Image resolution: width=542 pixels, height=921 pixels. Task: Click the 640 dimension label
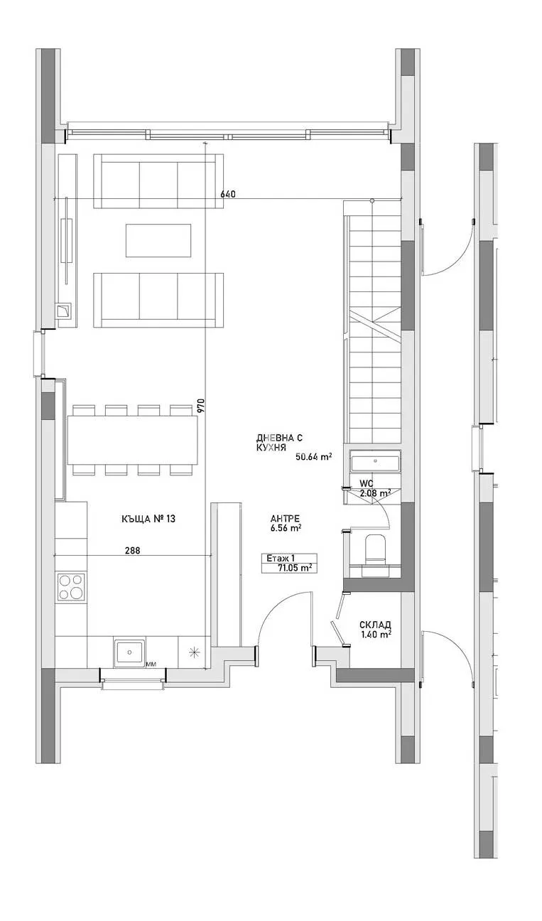(x=227, y=194)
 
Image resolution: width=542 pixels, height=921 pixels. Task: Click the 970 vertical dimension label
(x=201, y=405)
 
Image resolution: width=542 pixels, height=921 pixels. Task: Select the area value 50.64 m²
(x=313, y=457)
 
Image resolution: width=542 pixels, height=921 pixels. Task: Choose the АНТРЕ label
(x=285, y=517)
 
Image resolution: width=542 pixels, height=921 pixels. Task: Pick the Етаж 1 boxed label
(x=280, y=559)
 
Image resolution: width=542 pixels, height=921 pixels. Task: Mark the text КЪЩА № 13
(x=148, y=519)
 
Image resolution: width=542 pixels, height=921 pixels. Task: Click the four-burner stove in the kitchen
(x=71, y=588)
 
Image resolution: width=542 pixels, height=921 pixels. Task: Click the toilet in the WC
(x=374, y=551)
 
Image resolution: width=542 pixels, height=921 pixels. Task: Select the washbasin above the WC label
(x=374, y=463)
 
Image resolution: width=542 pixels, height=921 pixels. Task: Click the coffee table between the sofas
(x=158, y=240)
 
